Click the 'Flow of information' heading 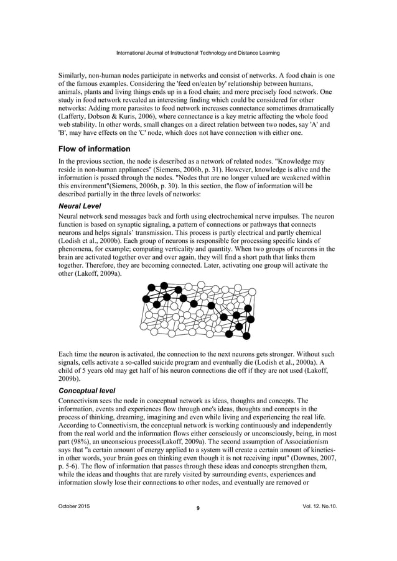(94, 149)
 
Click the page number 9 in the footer (198, 508)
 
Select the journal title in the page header (198, 52)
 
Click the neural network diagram (198, 310)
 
